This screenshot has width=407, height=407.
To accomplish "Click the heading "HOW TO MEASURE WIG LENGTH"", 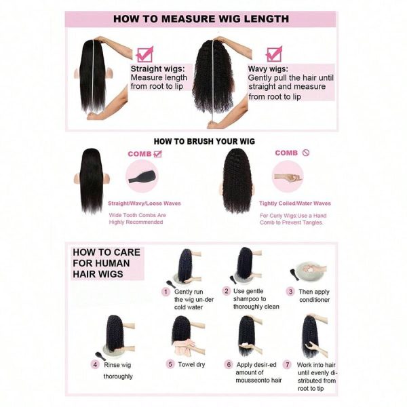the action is [x=201, y=19].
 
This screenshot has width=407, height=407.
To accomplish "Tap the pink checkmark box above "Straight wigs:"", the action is [x=145, y=54].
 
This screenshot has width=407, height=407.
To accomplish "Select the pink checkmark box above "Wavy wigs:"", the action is [x=274, y=54].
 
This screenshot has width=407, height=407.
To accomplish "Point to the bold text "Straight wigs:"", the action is [x=158, y=69].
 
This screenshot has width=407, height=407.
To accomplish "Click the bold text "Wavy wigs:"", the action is [x=268, y=69].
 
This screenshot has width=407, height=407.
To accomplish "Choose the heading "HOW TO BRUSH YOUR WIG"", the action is [x=204, y=142].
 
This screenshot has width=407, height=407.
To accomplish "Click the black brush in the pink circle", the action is [x=142, y=176].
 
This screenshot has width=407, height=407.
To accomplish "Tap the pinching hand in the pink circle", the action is [x=287, y=178].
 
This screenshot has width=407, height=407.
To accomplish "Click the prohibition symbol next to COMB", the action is [x=306, y=153].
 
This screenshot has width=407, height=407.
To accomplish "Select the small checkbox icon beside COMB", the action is [x=158, y=154].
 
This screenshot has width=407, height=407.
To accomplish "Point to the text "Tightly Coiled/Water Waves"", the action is [x=295, y=203].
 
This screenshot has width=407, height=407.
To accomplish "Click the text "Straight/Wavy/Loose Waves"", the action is [x=144, y=203].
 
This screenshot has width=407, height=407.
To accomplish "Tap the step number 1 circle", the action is [x=166, y=292].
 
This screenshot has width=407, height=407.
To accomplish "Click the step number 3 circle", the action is [x=290, y=292].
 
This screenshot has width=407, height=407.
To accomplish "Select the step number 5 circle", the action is [x=170, y=364].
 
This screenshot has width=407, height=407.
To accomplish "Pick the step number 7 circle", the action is [x=288, y=365].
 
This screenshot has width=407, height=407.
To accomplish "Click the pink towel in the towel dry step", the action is [x=184, y=347].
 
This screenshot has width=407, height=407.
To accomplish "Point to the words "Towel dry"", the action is [x=191, y=365].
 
